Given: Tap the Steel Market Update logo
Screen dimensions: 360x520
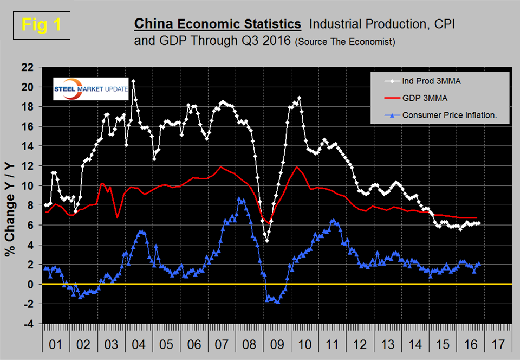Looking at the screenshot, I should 92,89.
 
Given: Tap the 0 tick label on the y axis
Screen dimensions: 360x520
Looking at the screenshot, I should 31,284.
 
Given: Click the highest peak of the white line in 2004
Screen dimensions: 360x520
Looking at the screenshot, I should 133,81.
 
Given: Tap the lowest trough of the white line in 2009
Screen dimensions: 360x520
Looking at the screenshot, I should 267,241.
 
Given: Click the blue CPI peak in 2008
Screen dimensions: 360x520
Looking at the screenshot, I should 239,199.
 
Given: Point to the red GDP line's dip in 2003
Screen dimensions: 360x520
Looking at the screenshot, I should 118,217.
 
